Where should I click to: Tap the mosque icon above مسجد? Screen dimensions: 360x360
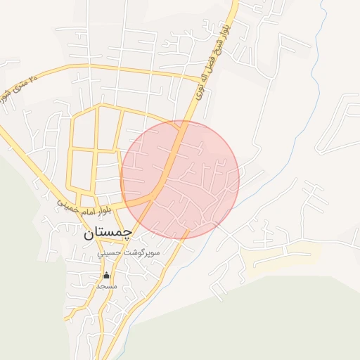[106, 275]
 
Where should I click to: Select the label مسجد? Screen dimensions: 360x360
[106, 286]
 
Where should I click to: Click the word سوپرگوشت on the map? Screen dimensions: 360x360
[144, 252]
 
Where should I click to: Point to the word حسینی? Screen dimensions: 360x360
[112, 252]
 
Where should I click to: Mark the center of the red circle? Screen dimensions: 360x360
[180, 179]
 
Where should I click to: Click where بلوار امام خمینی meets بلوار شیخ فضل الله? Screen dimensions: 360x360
[156, 197]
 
